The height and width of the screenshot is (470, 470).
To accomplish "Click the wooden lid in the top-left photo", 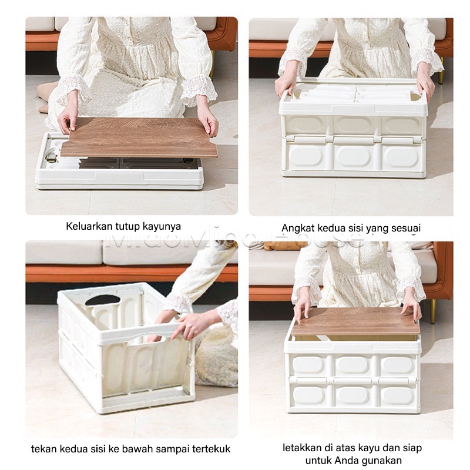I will click(x=139, y=137).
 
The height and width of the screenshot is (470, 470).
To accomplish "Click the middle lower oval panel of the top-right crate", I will click(x=353, y=156).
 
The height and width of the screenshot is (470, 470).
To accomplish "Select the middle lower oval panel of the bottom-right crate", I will click(x=353, y=394).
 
